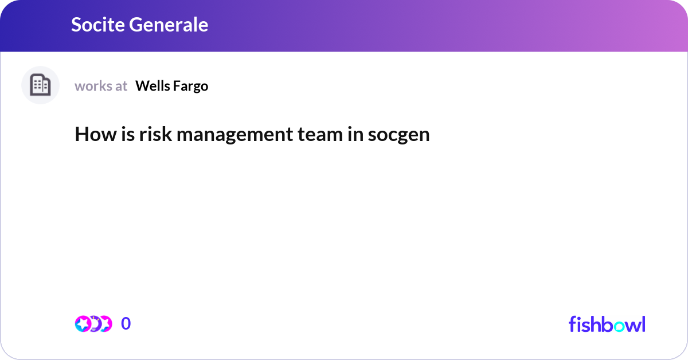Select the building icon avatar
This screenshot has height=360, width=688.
40,85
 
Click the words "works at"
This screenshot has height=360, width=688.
101,86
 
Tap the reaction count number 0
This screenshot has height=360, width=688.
126,324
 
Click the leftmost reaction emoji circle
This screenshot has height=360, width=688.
83,324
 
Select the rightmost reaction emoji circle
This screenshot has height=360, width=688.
105,324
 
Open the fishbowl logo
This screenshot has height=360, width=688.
607,324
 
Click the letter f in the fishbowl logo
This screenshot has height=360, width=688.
572,324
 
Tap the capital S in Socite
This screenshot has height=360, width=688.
77,25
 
